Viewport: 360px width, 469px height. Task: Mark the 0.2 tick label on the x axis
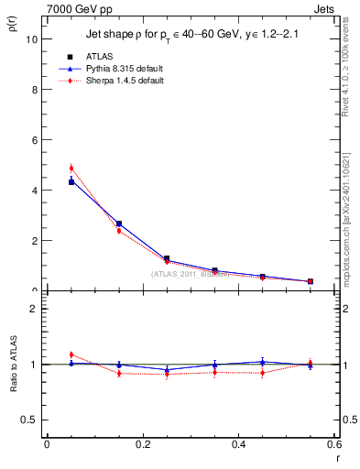[x=142, y=443]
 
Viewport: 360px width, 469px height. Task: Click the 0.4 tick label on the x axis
[x=238, y=443]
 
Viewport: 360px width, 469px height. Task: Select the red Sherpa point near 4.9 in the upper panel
[x=71, y=169]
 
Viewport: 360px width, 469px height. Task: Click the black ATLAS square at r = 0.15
[x=119, y=224]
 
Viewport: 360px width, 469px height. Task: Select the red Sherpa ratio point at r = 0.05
[x=71, y=354]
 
